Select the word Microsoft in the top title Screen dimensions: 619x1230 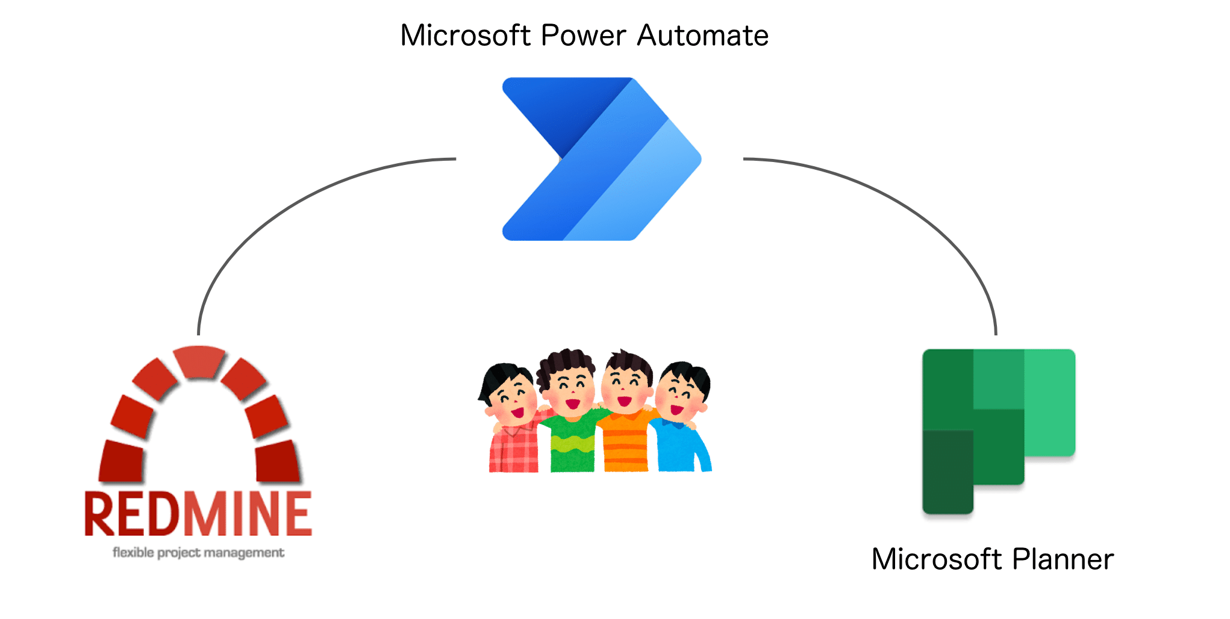point(465,36)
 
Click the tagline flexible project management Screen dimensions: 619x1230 point(198,553)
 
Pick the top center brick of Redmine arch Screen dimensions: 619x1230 point(199,361)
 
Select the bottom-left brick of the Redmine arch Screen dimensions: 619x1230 point(122,461)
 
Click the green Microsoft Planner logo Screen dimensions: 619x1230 point(998,431)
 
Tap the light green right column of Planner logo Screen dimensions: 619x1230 point(1050,402)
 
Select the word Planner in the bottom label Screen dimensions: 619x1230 point(1063,559)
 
